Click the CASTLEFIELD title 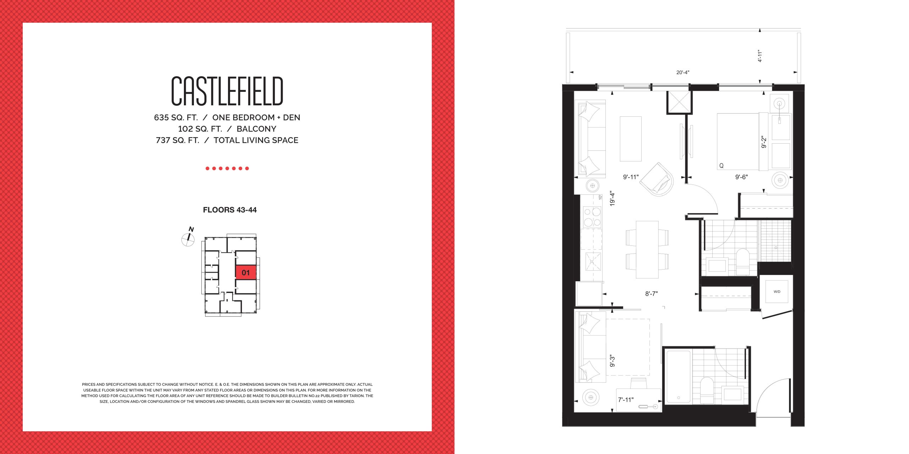pyautogui.click(x=227, y=91)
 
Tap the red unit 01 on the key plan pyautogui.click(x=246, y=272)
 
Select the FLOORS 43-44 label pyautogui.click(x=230, y=210)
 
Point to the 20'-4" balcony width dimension pyautogui.click(x=683, y=72)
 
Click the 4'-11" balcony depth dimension pyautogui.click(x=760, y=56)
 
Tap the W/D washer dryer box pyautogui.click(x=777, y=292)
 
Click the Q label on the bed pyautogui.click(x=722, y=166)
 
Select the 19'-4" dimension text pyautogui.click(x=612, y=199)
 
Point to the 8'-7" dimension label pyautogui.click(x=652, y=294)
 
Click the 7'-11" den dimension pyautogui.click(x=626, y=400)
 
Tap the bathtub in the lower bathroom pyautogui.click(x=678, y=377)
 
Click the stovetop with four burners pyautogui.click(x=592, y=217)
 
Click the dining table pyautogui.click(x=647, y=250)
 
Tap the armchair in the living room pyautogui.click(x=657, y=179)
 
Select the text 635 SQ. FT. pyautogui.click(x=176, y=117)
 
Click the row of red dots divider pyautogui.click(x=227, y=168)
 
